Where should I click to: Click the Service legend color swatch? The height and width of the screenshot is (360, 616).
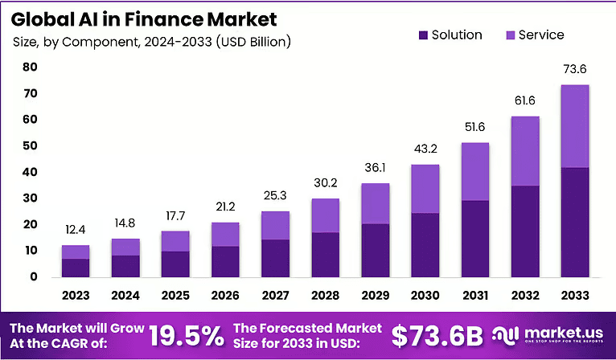click(x=510, y=35)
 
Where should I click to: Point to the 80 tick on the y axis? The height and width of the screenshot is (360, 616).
click(x=30, y=67)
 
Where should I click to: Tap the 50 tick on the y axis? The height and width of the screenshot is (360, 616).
click(x=30, y=146)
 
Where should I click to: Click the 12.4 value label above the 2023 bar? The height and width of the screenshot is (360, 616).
click(x=76, y=231)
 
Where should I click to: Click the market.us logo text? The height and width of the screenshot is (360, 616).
click(x=563, y=331)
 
